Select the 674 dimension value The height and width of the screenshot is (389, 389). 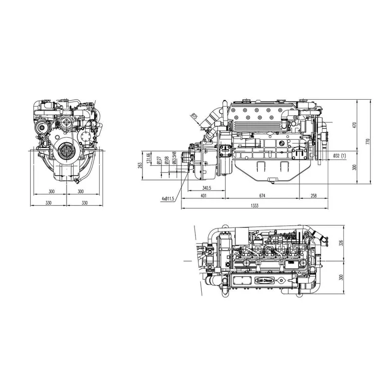click(262, 195)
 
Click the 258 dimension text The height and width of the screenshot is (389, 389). click(313, 195)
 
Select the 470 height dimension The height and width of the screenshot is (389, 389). click(354, 125)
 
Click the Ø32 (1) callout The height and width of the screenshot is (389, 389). click(339, 156)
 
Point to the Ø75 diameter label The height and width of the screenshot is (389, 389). click(194, 116)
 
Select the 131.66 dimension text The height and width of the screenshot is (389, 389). click(148, 159)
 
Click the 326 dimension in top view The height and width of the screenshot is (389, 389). click(341, 243)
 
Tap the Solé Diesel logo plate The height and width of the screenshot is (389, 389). click(265, 281)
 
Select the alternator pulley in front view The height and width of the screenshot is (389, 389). click(42, 127)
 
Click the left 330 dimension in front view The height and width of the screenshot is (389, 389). click(49, 202)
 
